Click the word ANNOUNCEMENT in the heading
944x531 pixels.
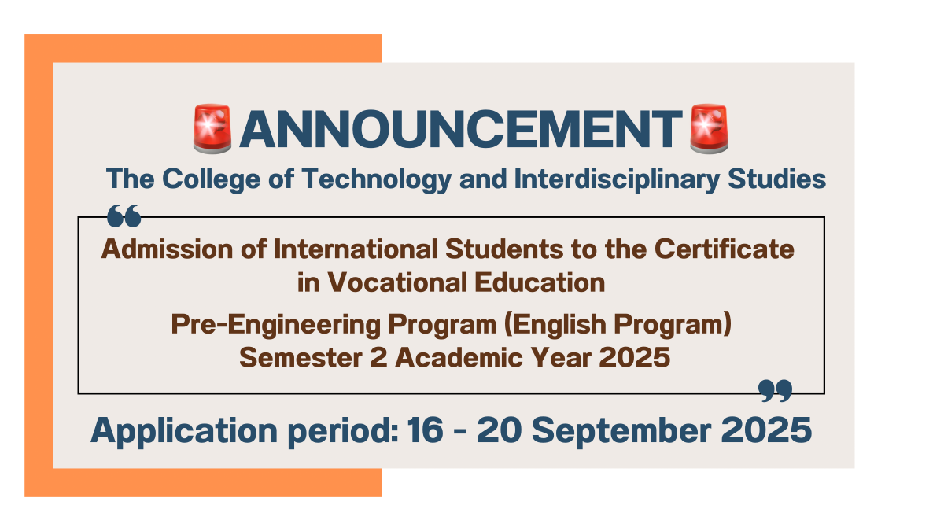pos(461,129)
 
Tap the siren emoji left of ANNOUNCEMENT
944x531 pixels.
pos(212,128)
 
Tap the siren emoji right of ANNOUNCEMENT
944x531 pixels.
pos(709,128)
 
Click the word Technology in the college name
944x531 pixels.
pos(377,179)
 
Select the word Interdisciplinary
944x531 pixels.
pos(617,179)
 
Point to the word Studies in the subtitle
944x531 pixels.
pos(776,179)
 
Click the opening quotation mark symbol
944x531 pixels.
pos(124,216)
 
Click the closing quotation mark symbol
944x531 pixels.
pos(775,391)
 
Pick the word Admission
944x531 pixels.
pos(167,249)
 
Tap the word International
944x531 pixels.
pos(356,249)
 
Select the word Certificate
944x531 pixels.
pos(724,249)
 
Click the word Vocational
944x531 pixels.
pos(397,282)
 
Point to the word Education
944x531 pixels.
pos(540,282)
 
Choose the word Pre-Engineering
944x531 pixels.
pos(275,325)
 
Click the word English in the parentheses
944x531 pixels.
pos(559,325)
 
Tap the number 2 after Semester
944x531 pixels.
pos(378,357)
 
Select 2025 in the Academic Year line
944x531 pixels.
pos(634,357)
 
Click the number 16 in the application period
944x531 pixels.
pos(425,430)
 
